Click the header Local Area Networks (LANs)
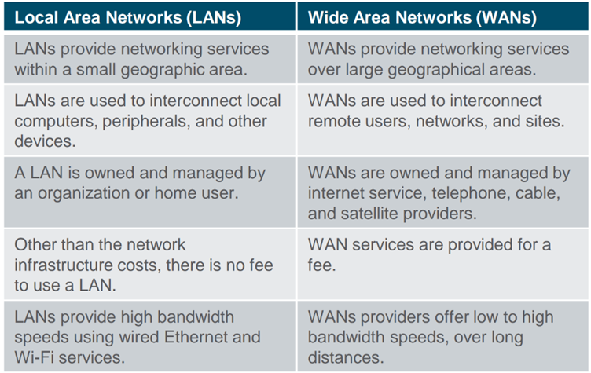[128, 18]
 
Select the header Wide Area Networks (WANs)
[422, 18]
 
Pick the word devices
[45, 141]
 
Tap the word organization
[83, 194]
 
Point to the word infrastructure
[64, 265]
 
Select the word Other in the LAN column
[35, 245]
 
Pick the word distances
[346, 357]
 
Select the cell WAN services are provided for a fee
[443, 264]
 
